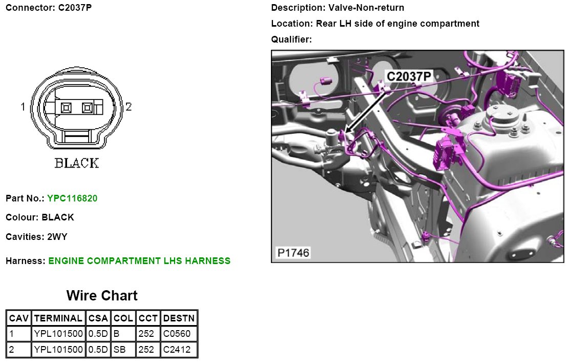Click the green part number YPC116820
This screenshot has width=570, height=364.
click(72, 198)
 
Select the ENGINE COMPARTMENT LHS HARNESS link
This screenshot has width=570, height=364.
click(139, 261)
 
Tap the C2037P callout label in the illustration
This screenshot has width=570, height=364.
click(409, 76)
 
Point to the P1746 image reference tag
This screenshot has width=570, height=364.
click(293, 253)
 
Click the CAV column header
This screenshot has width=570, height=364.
click(19, 318)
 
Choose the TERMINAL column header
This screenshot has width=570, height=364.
click(58, 318)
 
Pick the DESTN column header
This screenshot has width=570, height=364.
click(179, 318)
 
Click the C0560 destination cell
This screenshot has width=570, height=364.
click(177, 334)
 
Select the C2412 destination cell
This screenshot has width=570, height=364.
click(177, 350)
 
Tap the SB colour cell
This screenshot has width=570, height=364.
click(120, 350)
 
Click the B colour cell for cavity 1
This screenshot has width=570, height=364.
click(116, 334)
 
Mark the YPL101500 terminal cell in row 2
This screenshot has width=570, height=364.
click(58, 350)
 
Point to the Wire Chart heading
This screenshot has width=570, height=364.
click(102, 296)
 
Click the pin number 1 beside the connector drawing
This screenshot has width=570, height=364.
click(23, 107)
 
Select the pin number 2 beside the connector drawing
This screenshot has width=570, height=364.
click(129, 107)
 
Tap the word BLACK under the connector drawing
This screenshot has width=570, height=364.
click(77, 163)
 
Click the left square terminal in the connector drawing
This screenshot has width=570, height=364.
click(66, 108)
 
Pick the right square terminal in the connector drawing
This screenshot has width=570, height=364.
click(87, 108)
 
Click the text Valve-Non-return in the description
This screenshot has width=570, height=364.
click(366, 8)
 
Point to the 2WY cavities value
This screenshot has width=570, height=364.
click(57, 237)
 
